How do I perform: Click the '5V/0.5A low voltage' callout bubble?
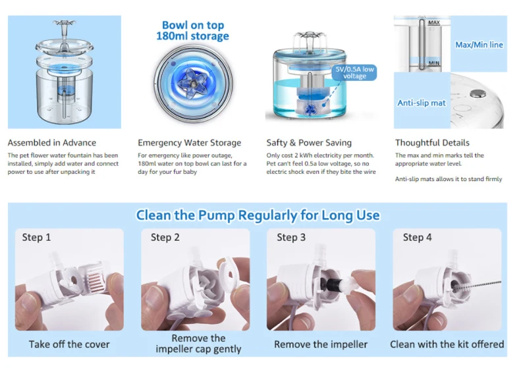(354, 72)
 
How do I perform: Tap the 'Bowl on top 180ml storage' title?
(192, 30)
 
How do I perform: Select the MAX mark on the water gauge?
(434, 22)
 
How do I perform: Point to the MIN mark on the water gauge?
(434, 63)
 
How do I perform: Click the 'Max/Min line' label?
(479, 45)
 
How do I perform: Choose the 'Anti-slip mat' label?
(422, 103)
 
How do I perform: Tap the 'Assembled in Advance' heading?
(52, 143)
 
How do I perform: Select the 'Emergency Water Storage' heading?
(189, 143)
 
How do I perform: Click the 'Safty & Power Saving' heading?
(309, 143)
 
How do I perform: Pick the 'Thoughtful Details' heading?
(432, 143)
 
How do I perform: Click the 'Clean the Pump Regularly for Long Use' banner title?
(258, 215)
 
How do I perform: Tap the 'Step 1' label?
(36, 237)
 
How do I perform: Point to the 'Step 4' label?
(417, 237)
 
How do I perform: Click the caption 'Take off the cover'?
(69, 344)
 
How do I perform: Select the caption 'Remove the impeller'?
(321, 344)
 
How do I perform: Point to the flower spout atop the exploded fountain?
(64, 25)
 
